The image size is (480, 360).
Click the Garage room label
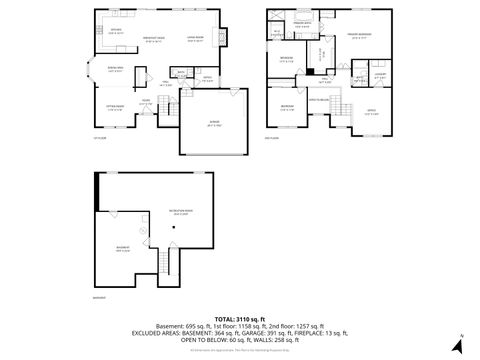click(212, 125)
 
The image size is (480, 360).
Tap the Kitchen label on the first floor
click(115, 31)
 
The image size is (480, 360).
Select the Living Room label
click(194, 39)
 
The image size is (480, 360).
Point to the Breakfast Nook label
click(153, 39)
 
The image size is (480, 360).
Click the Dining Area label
click(115, 70)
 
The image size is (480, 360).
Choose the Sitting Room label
click(115, 106)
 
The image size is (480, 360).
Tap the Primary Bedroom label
click(360, 36)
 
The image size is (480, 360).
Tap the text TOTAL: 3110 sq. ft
click(239, 317)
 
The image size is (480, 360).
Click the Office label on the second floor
click(371, 112)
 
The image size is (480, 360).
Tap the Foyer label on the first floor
click(146, 100)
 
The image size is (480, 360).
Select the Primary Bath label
click(301, 22)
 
